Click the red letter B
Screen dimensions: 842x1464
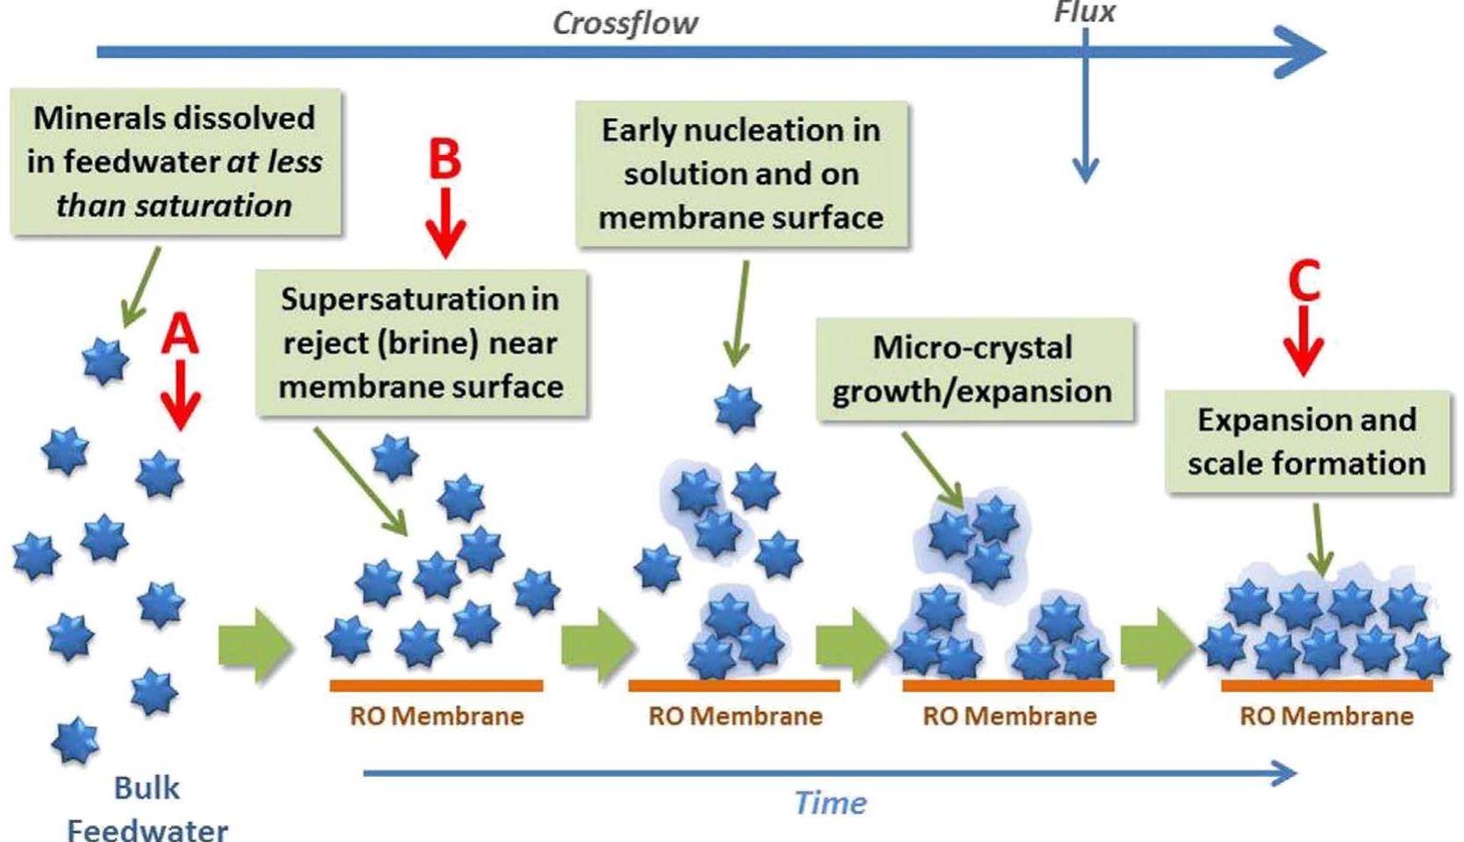click(445, 159)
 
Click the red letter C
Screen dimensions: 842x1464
click(1304, 280)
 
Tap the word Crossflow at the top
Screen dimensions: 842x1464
click(625, 23)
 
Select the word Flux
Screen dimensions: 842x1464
click(1084, 12)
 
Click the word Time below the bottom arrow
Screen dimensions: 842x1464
click(830, 803)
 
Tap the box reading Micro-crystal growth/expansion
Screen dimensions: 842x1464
click(972, 370)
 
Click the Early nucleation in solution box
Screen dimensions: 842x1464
click(741, 174)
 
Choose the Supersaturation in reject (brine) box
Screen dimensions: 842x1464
click(420, 343)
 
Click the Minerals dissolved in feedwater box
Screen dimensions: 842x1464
click(174, 162)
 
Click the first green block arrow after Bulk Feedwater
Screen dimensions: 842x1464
click(255, 646)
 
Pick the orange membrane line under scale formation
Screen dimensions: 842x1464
click(1326, 685)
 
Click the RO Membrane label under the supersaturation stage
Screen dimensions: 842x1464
click(436, 716)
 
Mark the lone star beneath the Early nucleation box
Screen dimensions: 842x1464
click(736, 409)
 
